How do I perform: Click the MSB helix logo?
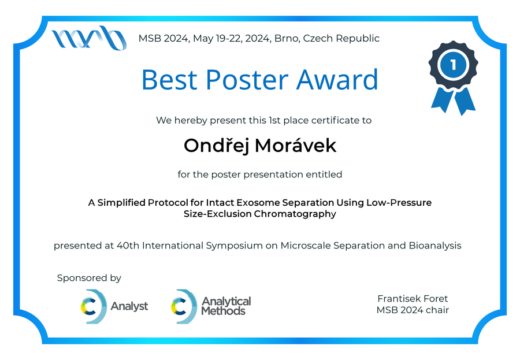89,38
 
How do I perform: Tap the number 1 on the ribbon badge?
453,65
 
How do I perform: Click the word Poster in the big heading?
247,80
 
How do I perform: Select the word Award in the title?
337,80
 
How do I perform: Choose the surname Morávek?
295,146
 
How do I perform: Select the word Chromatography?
295,214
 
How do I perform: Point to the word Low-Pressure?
399,202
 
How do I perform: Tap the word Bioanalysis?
435,246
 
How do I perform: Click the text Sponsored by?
89,278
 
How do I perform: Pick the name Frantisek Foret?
413,299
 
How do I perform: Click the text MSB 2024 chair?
413,310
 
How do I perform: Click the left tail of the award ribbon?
442,99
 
